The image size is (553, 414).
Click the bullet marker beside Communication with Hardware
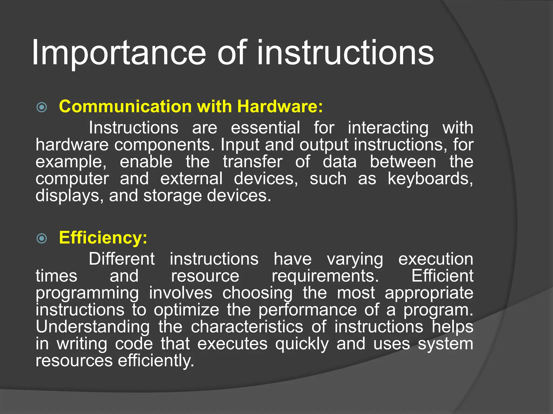(x=42, y=107)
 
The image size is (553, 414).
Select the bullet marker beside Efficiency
(x=42, y=238)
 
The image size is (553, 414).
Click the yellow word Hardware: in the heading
(x=280, y=106)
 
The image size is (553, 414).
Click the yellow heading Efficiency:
(x=103, y=238)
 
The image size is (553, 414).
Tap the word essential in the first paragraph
(x=265, y=127)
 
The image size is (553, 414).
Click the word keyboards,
(x=430, y=179)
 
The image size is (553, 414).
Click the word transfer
(x=252, y=162)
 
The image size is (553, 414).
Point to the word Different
(x=122, y=259)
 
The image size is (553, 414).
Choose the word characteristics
(x=247, y=327)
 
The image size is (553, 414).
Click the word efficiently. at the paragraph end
(x=156, y=361)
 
